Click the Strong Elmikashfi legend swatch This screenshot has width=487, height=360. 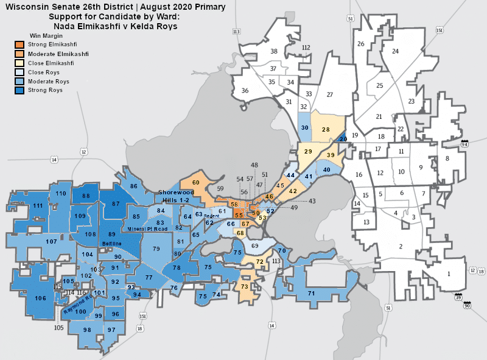pyautogui.click(x=19, y=44)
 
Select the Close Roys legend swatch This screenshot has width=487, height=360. pyautogui.click(x=19, y=72)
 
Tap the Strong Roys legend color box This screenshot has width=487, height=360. pyautogui.click(x=19, y=90)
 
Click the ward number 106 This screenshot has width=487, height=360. pyautogui.click(x=40, y=298)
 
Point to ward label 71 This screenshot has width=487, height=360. pyautogui.click(x=311, y=294)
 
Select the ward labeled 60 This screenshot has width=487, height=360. pyautogui.click(x=196, y=182)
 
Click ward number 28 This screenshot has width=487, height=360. pyautogui.click(x=326, y=129)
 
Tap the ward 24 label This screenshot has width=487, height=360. pyautogui.click(x=395, y=51)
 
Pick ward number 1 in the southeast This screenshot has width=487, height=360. pyautogui.click(x=449, y=274)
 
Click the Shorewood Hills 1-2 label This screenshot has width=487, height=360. pyautogui.click(x=175, y=195)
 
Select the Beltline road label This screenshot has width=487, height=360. pyautogui.click(x=111, y=243)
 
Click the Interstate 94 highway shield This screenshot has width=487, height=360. pyautogui.click(x=464, y=144)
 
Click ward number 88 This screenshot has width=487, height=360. pyautogui.click(x=86, y=196)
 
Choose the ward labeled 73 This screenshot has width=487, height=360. pyautogui.click(x=245, y=286)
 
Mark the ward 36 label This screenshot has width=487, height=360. pyautogui.click(x=245, y=91)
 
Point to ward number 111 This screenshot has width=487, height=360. pyautogui.click(x=38, y=206)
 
